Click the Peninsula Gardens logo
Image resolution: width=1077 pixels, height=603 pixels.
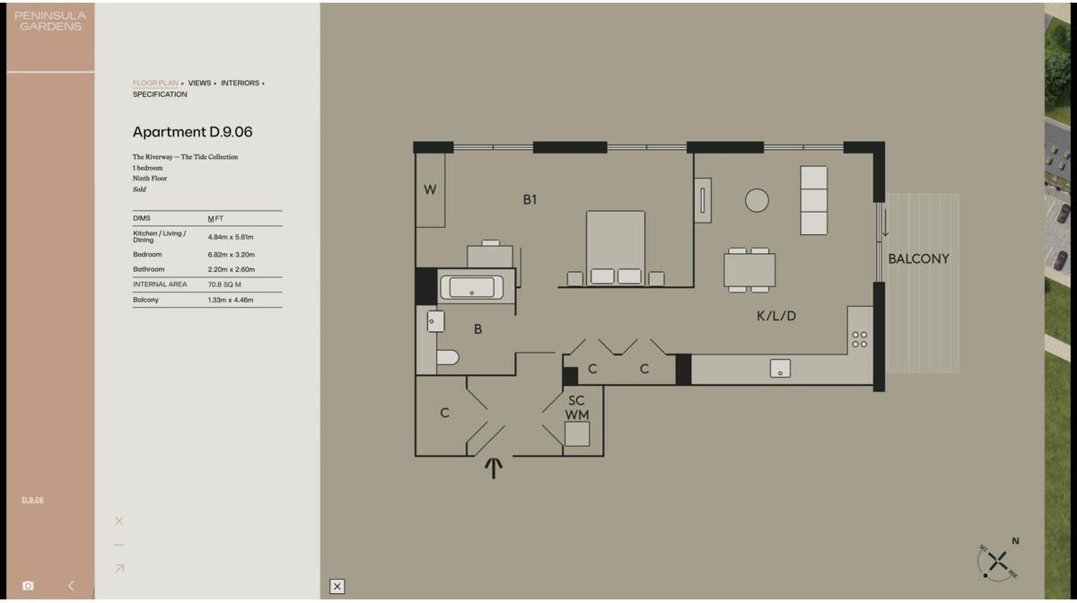(50, 21)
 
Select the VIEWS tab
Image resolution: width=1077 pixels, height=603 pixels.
(199, 83)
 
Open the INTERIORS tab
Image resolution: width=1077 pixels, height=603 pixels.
(240, 83)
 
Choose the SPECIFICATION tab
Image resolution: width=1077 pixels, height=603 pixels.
(160, 94)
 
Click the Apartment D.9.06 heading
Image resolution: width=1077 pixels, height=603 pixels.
(192, 132)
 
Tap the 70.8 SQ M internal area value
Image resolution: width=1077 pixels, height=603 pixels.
(224, 284)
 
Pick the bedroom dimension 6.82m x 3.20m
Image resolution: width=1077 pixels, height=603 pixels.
(231, 255)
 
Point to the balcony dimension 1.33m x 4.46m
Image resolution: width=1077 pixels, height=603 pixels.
(231, 300)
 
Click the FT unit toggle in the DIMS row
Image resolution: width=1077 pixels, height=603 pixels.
(219, 219)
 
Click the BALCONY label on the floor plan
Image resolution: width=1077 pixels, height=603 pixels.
(918, 258)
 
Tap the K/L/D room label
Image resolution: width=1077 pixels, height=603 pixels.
(776, 316)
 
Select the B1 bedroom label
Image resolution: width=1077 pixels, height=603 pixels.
(530, 199)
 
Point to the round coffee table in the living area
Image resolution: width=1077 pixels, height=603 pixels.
(757, 200)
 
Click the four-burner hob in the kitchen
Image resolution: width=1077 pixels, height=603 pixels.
(859, 339)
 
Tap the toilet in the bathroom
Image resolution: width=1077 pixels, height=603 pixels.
(447, 357)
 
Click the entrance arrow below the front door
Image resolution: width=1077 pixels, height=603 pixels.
(493, 467)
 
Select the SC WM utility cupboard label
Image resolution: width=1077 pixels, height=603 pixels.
(576, 407)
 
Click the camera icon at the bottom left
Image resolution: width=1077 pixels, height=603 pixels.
(28, 586)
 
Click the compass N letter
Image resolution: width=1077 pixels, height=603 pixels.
(1015, 541)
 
